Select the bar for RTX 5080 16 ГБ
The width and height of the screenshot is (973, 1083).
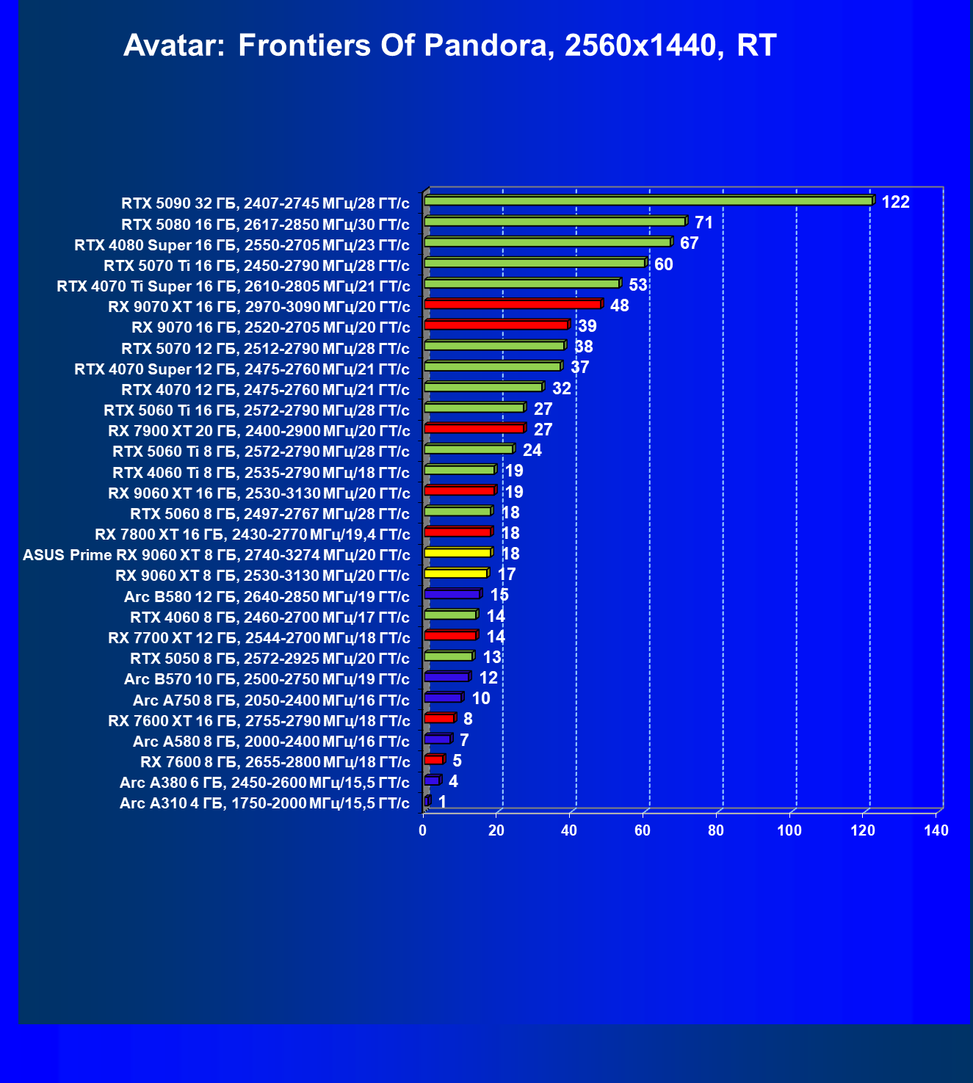(554, 221)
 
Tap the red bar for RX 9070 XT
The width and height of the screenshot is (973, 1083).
(513, 304)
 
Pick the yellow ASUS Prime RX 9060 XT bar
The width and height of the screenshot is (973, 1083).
(457, 552)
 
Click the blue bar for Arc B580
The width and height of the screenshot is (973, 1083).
(452, 593)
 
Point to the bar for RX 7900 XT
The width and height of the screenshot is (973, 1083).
(474, 428)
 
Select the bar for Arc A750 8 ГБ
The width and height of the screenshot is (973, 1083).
(443, 697)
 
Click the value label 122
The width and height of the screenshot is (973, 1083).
(895, 202)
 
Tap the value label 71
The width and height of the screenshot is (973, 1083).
(703, 222)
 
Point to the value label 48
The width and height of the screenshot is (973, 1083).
(619, 305)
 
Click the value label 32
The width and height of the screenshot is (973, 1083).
(561, 388)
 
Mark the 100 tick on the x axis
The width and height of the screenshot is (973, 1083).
(789, 830)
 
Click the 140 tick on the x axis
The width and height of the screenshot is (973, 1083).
(936, 830)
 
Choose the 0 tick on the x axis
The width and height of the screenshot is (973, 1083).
(423, 830)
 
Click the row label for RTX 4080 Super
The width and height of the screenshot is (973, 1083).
(242, 245)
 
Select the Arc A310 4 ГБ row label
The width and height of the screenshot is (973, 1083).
(264, 803)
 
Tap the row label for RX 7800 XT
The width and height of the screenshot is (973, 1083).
(252, 534)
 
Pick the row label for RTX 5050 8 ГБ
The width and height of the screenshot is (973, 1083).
(270, 658)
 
